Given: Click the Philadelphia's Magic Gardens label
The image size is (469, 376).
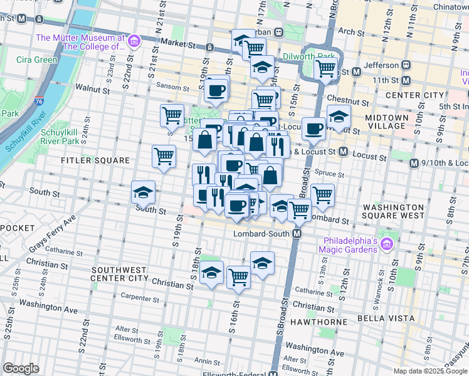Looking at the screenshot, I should coord(350,244).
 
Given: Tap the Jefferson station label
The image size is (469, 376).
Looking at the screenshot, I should coord(382,65).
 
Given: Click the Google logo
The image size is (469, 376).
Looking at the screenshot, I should coord(21,368).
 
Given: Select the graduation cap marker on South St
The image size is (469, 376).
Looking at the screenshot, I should coord(143,192).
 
